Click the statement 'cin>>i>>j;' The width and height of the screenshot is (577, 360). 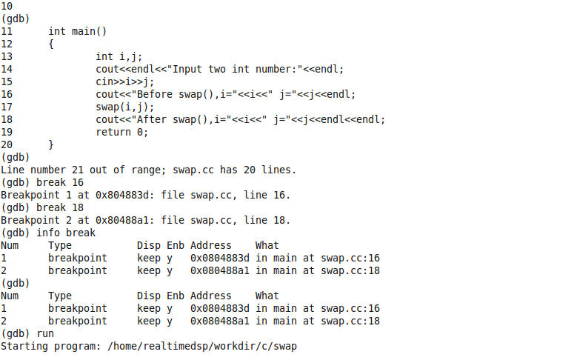125,81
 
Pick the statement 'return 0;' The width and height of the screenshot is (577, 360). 122,132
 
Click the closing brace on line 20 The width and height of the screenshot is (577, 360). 51,144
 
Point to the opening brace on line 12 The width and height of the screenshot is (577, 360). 51,44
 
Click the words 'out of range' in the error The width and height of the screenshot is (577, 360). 122,170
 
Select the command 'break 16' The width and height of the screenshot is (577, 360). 63,182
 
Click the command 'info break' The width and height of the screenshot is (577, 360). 66,233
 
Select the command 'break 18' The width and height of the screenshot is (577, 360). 63,207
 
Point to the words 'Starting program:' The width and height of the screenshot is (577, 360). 51,346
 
